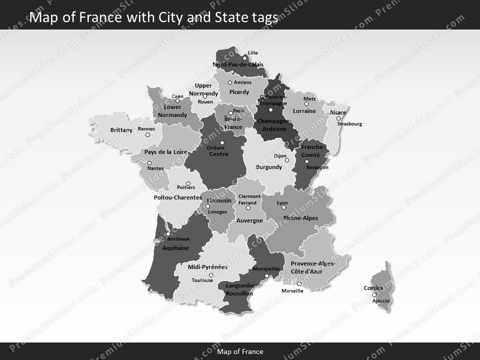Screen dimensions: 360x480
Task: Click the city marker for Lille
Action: (244, 58)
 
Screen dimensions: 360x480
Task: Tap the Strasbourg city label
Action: (349, 124)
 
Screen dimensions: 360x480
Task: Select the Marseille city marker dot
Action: (299, 284)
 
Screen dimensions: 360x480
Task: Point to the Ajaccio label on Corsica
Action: (381, 301)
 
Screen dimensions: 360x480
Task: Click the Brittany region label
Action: (121, 130)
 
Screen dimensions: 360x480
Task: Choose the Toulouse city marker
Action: (210, 275)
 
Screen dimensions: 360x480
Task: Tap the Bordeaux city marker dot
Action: (168, 233)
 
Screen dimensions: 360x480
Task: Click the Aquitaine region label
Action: (175, 248)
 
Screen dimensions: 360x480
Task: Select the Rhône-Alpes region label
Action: (300, 218)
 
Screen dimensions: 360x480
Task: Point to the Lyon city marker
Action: (283, 207)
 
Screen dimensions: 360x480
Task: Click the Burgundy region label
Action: (269, 167)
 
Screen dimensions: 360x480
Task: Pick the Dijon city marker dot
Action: (287, 160)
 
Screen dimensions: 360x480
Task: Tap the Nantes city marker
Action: (149, 163)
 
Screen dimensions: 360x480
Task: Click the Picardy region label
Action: (239, 92)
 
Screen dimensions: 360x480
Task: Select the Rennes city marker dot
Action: (147, 134)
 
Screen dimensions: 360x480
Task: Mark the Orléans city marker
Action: (222, 143)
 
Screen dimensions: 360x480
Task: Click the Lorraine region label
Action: (304, 111)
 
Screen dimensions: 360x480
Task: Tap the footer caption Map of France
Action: (240, 351)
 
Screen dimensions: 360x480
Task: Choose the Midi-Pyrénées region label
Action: (207, 267)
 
